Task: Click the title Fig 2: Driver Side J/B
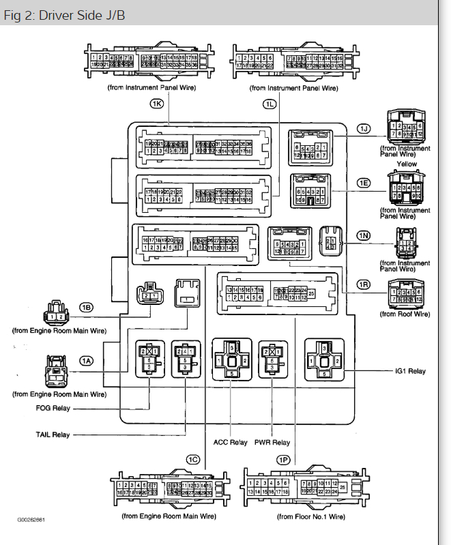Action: [x=64, y=16]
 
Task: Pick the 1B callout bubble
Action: [x=86, y=308]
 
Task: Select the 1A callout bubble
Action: [x=86, y=360]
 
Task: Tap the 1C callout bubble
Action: [x=193, y=460]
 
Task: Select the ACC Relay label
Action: [x=231, y=442]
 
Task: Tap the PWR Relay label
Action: [x=272, y=442]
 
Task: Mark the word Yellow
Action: [x=407, y=164]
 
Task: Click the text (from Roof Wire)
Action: [x=405, y=314]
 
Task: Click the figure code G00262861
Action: [x=32, y=519]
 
